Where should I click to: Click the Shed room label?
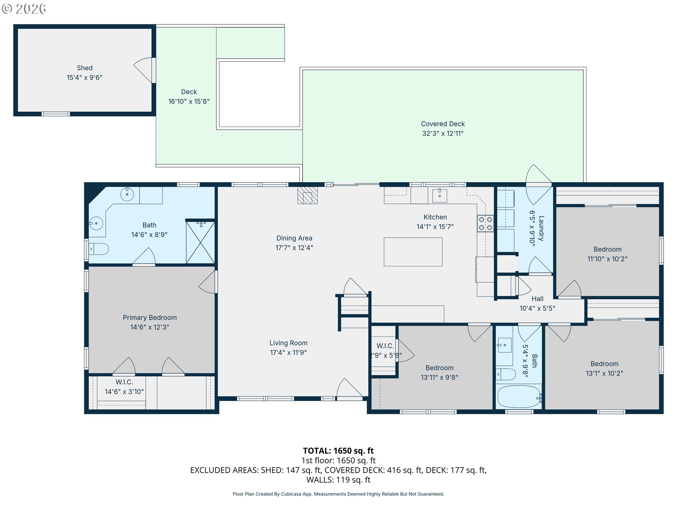click(x=85, y=68)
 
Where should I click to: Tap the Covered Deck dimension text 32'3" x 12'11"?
click(x=443, y=133)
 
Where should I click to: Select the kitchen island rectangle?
click(x=413, y=252)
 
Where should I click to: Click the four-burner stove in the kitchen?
click(x=486, y=224)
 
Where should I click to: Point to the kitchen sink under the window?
click(x=440, y=195)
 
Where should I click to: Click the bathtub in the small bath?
click(x=519, y=397)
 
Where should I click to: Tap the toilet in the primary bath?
click(x=99, y=249)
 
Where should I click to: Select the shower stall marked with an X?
click(x=200, y=242)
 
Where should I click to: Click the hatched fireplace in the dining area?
click(x=307, y=195)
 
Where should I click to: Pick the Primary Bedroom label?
click(x=150, y=317)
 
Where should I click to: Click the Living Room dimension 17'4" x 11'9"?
click(x=288, y=352)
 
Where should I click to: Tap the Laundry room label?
click(x=541, y=228)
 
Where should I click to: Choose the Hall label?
click(x=537, y=299)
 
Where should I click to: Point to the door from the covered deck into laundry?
click(x=539, y=185)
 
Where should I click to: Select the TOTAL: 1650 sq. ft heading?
click(x=338, y=450)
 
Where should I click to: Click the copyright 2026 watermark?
click(x=24, y=8)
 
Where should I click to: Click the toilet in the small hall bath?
click(x=506, y=374)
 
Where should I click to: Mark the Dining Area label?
click(x=294, y=238)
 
